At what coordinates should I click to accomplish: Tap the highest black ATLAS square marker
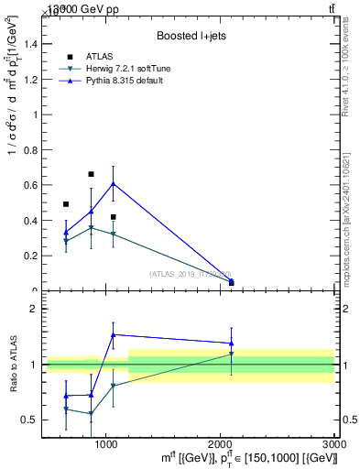[91, 174]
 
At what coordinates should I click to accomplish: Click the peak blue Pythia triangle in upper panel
[113, 184]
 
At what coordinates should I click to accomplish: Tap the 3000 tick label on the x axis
[334, 442]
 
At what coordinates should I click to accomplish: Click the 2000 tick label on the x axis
[221, 442]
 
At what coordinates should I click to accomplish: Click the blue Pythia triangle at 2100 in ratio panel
[232, 344]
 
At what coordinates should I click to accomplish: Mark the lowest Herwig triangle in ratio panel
[91, 414]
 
